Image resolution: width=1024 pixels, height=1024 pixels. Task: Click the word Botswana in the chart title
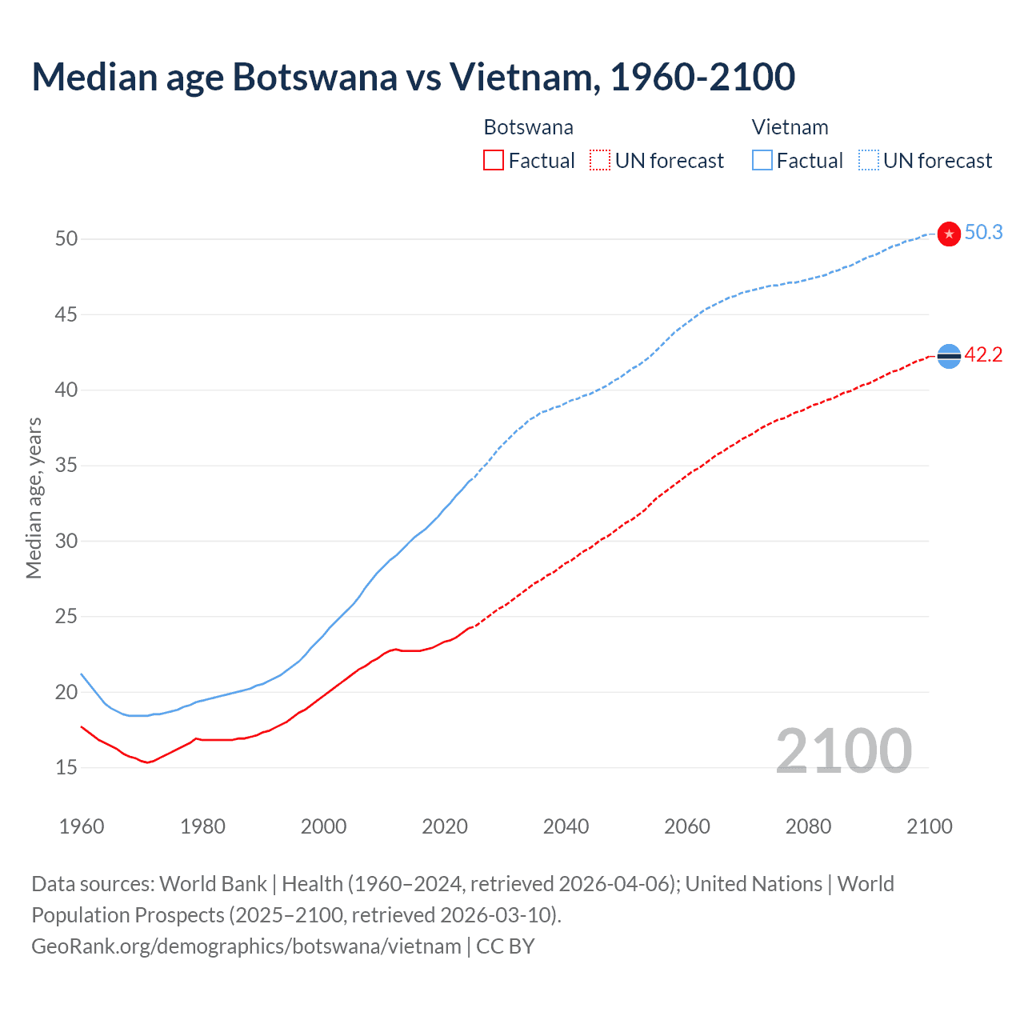(314, 77)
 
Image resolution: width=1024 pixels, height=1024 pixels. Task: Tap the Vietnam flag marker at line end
(949, 234)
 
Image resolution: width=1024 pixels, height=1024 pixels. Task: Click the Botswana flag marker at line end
(949, 356)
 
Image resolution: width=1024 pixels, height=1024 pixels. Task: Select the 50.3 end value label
(983, 233)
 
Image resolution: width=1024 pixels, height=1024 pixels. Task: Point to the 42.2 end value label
(983, 355)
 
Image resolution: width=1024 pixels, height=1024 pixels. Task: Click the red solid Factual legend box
(494, 161)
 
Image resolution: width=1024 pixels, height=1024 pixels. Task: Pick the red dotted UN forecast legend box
(600, 161)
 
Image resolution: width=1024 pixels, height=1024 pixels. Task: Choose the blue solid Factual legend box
(762, 161)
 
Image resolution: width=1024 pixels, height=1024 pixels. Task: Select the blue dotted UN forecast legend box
(869, 161)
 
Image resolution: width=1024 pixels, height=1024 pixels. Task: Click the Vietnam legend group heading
(790, 127)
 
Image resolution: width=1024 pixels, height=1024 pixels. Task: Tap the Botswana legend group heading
(528, 127)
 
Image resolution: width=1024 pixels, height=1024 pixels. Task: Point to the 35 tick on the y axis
(66, 466)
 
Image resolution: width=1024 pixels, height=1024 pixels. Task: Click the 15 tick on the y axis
(66, 767)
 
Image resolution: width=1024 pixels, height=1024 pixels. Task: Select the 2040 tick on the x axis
(566, 826)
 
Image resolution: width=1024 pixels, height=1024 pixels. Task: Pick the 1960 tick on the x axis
(82, 826)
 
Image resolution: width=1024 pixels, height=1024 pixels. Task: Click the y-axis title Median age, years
(34, 498)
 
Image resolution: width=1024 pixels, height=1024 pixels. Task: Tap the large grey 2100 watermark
(843, 750)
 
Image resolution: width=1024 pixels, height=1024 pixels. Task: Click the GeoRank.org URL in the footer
(246, 946)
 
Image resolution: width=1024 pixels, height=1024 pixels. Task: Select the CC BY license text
(506, 946)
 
